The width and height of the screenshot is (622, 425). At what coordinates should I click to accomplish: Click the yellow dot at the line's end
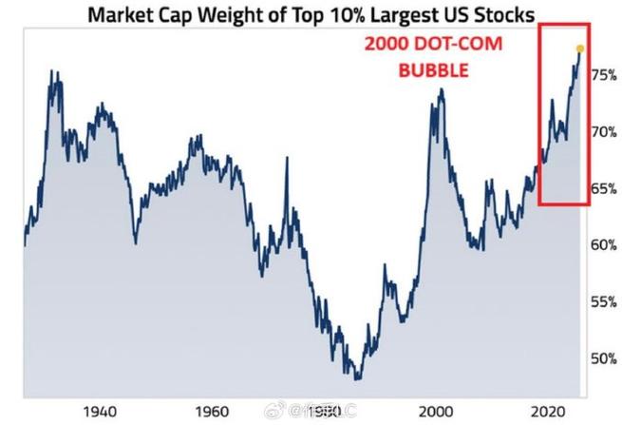(579, 48)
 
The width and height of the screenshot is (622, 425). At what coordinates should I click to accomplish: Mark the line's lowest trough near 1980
(357, 377)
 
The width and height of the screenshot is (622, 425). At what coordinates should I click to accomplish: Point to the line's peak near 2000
(442, 90)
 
